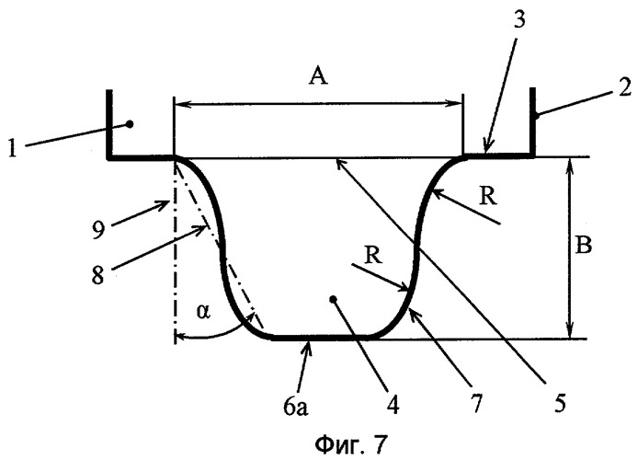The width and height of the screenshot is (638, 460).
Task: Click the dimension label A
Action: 318,76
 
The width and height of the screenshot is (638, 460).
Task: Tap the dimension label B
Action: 584,246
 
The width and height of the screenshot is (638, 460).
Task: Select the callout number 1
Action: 13,148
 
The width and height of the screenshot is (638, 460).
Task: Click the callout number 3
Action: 519,18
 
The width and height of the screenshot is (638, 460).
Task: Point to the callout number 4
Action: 392,403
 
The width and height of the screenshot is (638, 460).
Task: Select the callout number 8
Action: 97,275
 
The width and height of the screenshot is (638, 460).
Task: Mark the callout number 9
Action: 98,230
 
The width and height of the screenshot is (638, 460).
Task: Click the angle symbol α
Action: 203,312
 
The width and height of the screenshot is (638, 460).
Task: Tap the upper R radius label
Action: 487,197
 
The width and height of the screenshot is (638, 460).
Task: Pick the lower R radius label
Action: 373,256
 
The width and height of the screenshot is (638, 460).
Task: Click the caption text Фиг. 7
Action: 350,444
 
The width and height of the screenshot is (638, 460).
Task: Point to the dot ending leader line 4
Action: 333,299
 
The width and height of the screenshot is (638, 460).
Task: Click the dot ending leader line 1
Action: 130,123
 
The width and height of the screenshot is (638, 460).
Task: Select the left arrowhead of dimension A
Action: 180,104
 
